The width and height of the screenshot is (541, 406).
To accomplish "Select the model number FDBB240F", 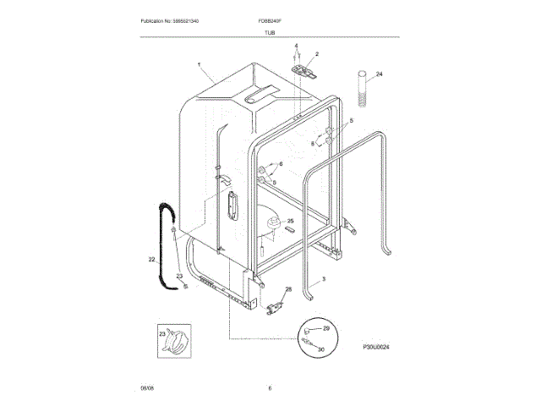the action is tap(271, 19).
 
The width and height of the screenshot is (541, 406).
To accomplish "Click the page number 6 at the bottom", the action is tap(270, 388).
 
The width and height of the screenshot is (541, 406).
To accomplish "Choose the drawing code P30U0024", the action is tap(380, 347).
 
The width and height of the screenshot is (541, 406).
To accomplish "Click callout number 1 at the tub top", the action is tap(199, 65).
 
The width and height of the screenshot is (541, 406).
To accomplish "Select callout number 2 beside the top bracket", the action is tap(317, 54).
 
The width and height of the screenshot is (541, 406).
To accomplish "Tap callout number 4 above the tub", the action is tap(296, 45).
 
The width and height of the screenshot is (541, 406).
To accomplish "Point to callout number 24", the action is tap(380, 74).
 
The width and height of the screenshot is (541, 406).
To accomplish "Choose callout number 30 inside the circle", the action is tap(321, 348).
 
